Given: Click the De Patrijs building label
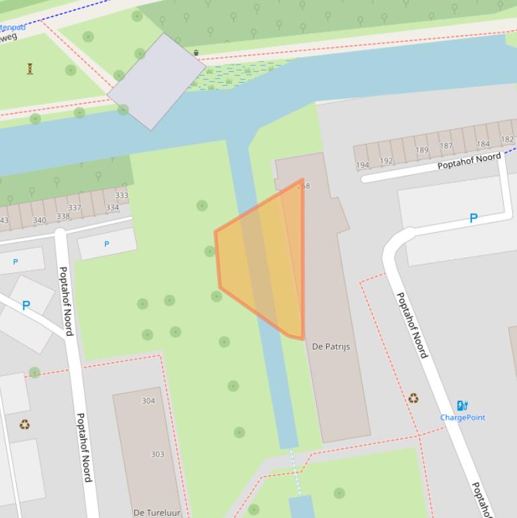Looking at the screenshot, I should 331,346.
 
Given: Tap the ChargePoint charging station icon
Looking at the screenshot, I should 462,405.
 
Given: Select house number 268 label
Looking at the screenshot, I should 304,186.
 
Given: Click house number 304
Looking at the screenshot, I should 148,401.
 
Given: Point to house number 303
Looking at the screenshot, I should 157,454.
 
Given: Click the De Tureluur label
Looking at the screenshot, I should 157,513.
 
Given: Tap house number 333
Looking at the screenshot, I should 121,196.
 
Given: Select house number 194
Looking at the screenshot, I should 362,165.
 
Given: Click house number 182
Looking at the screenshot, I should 507,140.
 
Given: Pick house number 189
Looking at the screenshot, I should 422,150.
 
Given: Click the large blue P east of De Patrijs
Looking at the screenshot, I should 473,218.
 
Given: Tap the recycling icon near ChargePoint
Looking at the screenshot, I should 413,398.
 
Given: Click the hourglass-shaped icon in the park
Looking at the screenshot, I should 30,69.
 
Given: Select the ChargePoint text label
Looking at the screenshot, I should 463,417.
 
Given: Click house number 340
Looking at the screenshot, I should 40,220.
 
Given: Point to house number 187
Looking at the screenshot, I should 446,146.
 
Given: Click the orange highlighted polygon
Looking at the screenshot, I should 262,262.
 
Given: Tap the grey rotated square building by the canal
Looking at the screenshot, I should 156,81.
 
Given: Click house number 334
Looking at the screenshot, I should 112,208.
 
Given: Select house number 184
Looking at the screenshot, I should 483,143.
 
